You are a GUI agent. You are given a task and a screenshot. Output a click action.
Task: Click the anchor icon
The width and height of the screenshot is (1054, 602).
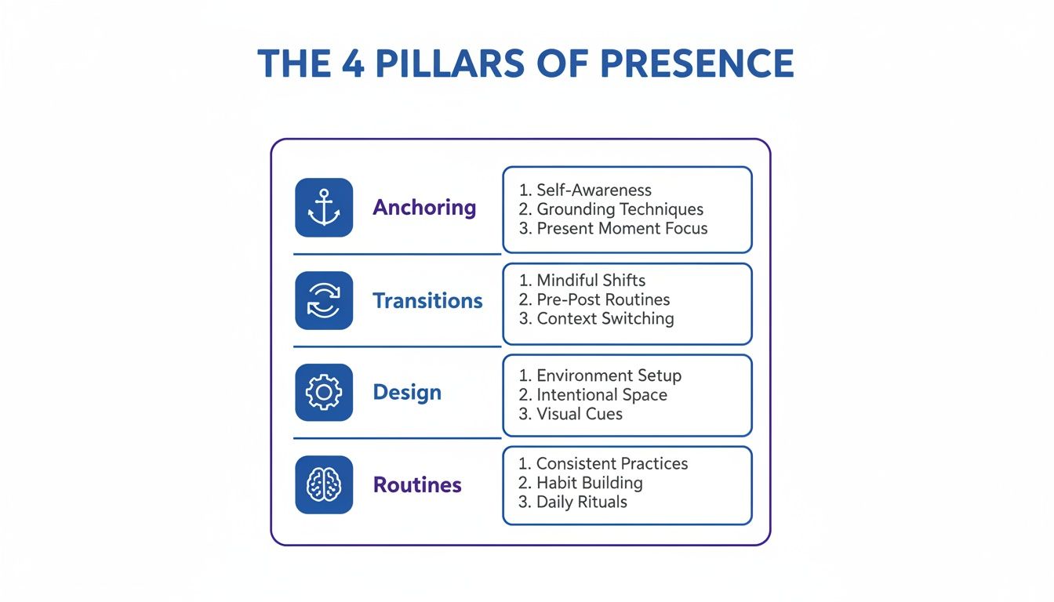[x=324, y=208]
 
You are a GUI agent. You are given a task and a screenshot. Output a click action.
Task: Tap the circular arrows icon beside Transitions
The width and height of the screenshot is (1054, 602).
[x=324, y=300]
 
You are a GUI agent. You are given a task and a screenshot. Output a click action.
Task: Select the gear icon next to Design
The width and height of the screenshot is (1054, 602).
[x=324, y=393]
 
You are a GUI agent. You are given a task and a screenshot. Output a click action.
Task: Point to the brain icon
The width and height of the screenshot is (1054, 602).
[x=324, y=485]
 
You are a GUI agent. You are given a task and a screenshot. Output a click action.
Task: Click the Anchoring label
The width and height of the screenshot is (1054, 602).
[x=424, y=208]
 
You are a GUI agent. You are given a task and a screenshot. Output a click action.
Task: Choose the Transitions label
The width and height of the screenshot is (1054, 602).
[x=427, y=300]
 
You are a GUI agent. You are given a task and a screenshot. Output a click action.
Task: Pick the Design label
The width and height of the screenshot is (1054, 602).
[x=407, y=393]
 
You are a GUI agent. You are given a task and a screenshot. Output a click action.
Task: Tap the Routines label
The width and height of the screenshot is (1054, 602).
[x=417, y=485]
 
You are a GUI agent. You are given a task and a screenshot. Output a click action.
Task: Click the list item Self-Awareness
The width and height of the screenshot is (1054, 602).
[x=594, y=190]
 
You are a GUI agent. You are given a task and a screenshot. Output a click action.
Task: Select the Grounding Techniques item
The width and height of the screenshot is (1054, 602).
[x=620, y=209]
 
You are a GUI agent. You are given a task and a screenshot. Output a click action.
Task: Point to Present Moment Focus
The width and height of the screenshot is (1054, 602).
[x=622, y=229]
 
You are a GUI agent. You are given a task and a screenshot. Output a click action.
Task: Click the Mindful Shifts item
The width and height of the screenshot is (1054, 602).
[x=591, y=281]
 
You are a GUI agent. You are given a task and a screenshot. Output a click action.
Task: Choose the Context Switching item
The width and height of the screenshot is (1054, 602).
[x=605, y=319]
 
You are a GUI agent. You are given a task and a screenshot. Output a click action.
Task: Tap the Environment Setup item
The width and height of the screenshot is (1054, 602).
[x=609, y=375]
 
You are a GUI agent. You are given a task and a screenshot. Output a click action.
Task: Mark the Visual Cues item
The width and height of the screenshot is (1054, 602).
[x=580, y=414]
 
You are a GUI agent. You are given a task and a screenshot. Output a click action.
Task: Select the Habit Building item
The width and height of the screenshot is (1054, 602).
[x=589, y=483]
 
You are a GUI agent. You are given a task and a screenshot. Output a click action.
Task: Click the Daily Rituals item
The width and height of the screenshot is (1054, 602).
[x=581, y=502]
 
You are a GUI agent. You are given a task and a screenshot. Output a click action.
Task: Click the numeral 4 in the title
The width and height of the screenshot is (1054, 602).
[x=352, y=63]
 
